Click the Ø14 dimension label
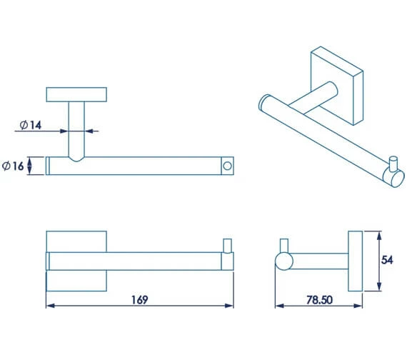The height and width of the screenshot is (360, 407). coord(31,125)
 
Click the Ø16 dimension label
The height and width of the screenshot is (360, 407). coord(13,166)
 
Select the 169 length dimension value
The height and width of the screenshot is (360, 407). coord(140,300)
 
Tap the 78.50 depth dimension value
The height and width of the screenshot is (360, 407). coord(319,300)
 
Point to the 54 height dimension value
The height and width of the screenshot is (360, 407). coord(387,260)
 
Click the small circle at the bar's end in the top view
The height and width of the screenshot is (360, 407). coord(227,166)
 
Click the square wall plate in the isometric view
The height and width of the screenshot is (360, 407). coord(337,86)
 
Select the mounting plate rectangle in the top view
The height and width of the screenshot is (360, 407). coord(76,94)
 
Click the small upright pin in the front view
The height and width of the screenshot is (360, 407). coord(227,246)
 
